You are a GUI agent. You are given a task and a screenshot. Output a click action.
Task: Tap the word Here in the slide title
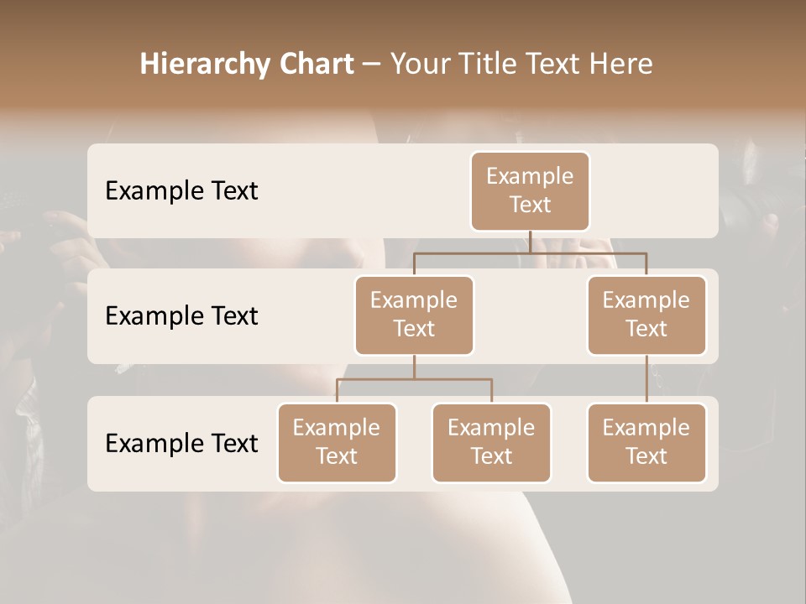pyautogui.click(x=621, y=65)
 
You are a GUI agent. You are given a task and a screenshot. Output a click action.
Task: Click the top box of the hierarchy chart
pyautogui.click(x=530, y=190)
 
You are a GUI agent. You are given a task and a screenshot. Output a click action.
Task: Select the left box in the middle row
pyautogui.click(x=414, y=315)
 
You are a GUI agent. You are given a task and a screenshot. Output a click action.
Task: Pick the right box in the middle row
pyautogui.click(x=646, y=315)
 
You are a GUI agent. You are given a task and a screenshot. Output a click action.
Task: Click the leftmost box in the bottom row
pyautogui.click(x=337, y=442)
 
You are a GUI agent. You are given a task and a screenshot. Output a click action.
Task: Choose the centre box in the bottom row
pyautogui.click(x=491, y=442)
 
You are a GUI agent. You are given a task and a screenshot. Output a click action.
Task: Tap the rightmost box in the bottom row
pyautogui.click(x=646, y=442)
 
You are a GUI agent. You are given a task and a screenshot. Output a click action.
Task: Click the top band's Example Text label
pyautogui.click(x=181, y=191)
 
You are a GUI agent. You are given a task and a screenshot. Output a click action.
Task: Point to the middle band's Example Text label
pyautogui.click(x=181, y=316)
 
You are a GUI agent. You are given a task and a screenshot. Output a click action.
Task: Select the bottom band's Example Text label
pyautogui.click(x=181, y=443)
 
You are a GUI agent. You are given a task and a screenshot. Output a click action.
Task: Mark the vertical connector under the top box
pyautogui.click(x=530, y=242)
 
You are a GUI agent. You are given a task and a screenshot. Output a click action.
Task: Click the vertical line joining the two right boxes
pyautogui.click(x=646, y=379)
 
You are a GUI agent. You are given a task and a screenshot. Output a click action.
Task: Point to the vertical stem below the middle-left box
pyautogui.click(x=414, y=367)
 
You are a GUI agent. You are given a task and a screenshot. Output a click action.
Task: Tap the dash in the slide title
pyautogui.click(x=372, y=65)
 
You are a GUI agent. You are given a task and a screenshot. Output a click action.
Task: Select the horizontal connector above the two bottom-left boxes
pyautogui.click(x=414, y=379)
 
